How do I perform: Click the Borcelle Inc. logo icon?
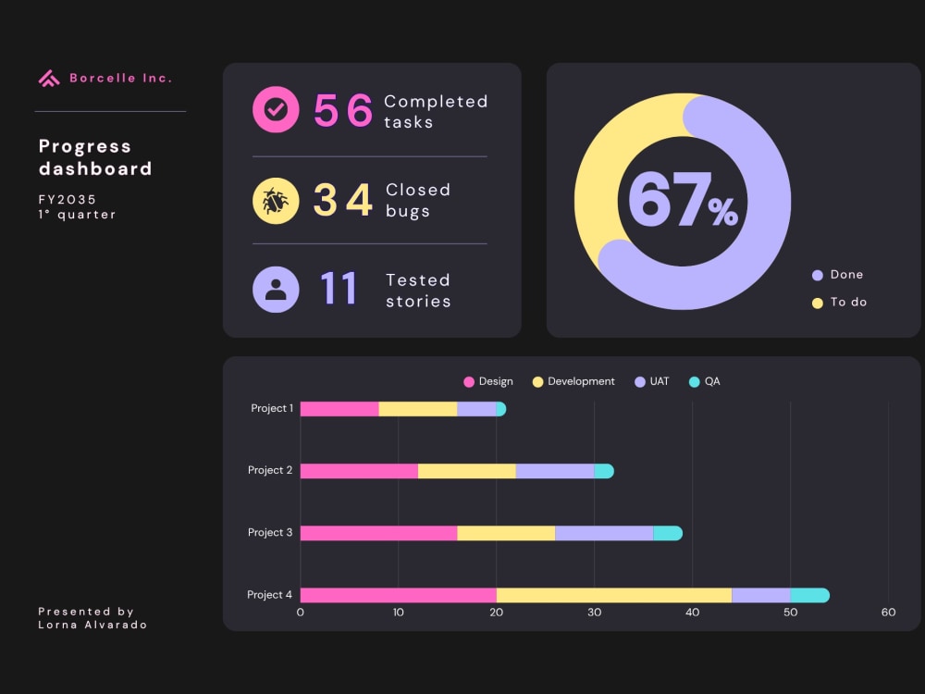pyautogui.click(x=49, y=78)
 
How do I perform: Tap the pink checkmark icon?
pyautogui.click(x=276, y=109)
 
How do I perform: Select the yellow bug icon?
pyautogui.click(x=276, y=201)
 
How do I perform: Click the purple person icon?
pyautogui.click(x=276, y=289)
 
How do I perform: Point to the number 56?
pyautogui.click(x=343, y=110)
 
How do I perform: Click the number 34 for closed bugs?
pyautogui.click(x=343, y=200)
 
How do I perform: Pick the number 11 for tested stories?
pyautogui.click(x=339, y=288)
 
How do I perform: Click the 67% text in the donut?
pyautogui.click(x=683, y=200)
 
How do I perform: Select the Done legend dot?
pyautogui.click(x=817, y=275)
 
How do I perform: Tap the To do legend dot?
pyautogui.click(x=817, y=303)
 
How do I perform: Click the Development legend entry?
pyautogui.click(x=573, y=382)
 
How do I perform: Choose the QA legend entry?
pyautogui.click(x=704, y=382)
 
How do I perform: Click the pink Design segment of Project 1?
pyautogui.click(x=339, y=409)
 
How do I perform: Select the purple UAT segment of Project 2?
pyautogui.click(x=554, y=471)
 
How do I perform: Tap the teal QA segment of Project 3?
pyautogui.click(x=668, y=533)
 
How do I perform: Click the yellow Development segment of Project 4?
pyautogui.click(x=614, y=595)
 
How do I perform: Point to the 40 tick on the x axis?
pyautogui.click(x=692, y=613)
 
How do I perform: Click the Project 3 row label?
pyautogui.click(x=269, y=532)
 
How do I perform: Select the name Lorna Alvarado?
pyautogui.click(x=92, y=625)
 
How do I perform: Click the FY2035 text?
pyautogui.click(x=68, y=200)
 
